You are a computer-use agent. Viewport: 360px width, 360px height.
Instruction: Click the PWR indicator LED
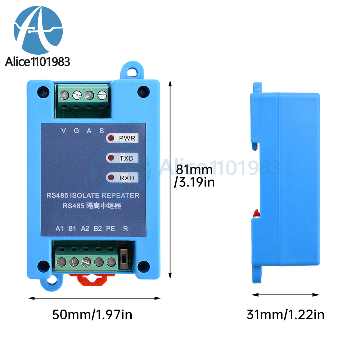pos(111,138)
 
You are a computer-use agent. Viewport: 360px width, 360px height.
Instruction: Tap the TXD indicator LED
pos(111,158)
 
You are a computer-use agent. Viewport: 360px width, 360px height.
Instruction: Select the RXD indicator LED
pos(111,177)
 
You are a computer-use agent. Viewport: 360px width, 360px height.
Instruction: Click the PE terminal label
pos(111,229)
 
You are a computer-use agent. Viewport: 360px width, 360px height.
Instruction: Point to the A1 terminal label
pos(59,229)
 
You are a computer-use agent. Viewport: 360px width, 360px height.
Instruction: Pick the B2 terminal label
pos(98,229)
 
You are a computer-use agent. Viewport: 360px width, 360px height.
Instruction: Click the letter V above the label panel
pos(64,131)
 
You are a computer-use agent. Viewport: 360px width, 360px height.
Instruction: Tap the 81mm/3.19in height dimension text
pos(195,176)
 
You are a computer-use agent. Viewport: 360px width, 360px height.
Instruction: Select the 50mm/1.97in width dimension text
pos(92,315)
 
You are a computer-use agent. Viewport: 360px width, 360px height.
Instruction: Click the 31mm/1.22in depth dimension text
pos(285,315)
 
